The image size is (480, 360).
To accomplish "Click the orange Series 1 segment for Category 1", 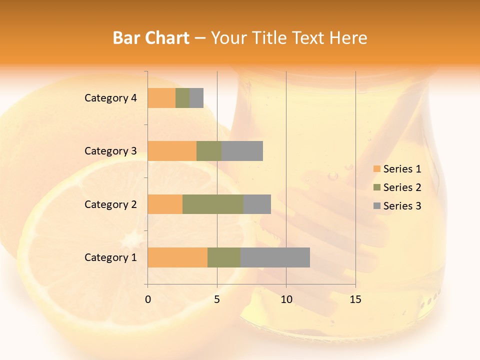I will [177, 257].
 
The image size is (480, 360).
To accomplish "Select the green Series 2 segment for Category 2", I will [213, 204].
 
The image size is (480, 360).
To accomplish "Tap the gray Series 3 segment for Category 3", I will [242, 151].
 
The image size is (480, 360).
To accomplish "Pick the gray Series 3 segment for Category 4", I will [196, 98].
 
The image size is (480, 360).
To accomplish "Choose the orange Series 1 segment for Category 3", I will [172, 151].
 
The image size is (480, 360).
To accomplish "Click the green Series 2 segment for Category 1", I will [224, 257].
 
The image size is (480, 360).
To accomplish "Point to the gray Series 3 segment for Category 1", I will [275, 257].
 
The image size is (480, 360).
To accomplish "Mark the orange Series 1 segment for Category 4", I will [161, 98].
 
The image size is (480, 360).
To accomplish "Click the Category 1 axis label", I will [110, 257].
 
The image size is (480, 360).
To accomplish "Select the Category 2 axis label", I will [110, 204].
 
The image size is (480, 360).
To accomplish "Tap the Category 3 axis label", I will [110, 151].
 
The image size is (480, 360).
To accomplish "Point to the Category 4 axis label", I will [110, 98].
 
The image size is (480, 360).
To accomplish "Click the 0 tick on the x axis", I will [148, 299].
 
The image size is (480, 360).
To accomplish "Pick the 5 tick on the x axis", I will [217, 299].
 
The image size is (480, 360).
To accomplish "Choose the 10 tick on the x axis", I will [286, 299].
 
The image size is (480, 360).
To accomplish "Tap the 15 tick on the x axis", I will [355, 299].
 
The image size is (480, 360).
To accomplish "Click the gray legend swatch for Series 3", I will [377, 206].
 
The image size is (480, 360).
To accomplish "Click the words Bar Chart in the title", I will [151, 38].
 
